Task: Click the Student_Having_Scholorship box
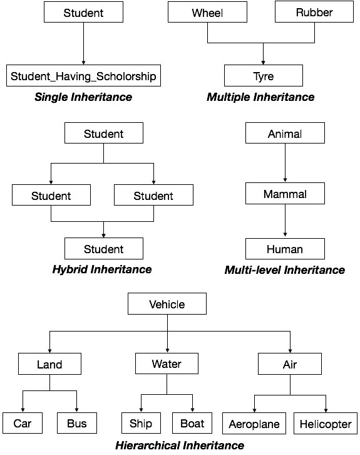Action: click(83, 76)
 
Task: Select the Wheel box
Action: click(208, 13)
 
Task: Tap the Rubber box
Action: click(314, 13)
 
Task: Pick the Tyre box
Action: click(263, 76)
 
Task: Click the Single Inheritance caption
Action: click(83, 97)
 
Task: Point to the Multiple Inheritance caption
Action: click(260, 97)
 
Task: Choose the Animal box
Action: click(285, 133)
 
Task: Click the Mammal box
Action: click(285, 194)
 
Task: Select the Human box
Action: click(285, 249)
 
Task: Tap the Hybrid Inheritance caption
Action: click(103, 269)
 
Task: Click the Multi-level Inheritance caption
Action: click(285, 270)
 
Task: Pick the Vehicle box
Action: click(167, 305)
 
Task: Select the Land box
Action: click(49, 364)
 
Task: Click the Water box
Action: click(167, 363)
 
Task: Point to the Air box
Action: click(291, 364)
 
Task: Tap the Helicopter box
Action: click(324, 424)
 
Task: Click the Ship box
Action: click(141, 424)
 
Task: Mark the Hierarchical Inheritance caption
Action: click(180, 446)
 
